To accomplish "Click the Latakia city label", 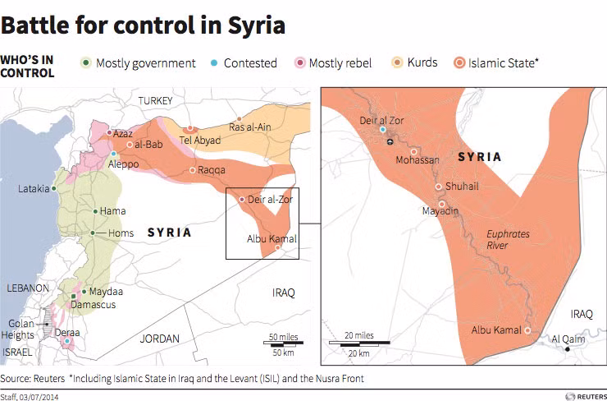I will (x=34, y=188).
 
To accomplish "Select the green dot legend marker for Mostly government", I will (x=85, y=62).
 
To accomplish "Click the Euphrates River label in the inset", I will (x=508, y=239).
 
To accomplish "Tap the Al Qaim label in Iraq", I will (x=567, y=338).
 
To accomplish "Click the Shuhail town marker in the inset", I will (x=439, y=187).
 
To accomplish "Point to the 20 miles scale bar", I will (x=352, y=342).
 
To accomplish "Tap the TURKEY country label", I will (x=156, y=100).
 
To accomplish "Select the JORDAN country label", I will (x=159, y=338).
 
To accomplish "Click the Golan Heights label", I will (x=20, y=328).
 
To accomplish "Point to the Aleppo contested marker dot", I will (x=113, y=154).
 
